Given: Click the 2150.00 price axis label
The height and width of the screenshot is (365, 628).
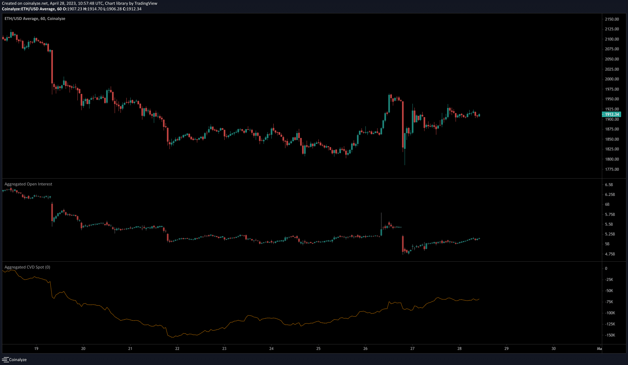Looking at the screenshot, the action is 612,19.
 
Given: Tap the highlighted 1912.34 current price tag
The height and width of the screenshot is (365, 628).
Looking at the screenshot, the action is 611,114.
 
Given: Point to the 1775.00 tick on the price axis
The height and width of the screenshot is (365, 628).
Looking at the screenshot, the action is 612,169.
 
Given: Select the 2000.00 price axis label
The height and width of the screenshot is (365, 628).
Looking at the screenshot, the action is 612,79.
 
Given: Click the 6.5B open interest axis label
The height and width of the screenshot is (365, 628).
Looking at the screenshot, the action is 609,185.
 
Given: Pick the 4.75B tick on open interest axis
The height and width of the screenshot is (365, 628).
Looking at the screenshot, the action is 610,254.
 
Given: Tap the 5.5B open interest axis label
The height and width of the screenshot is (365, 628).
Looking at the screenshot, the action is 609,224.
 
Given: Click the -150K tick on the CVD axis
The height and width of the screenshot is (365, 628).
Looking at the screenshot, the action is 610,335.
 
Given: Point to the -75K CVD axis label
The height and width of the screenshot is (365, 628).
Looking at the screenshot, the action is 609,302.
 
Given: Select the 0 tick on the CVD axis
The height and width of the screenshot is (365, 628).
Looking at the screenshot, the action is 606,269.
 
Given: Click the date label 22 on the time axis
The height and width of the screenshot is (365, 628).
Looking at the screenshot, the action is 177,349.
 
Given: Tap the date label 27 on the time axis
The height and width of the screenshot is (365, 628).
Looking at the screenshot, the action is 412,349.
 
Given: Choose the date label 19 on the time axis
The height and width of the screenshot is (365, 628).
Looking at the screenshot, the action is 36,349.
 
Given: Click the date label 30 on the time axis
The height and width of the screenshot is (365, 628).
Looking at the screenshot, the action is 554,349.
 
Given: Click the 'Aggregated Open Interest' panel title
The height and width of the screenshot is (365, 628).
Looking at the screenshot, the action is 28,184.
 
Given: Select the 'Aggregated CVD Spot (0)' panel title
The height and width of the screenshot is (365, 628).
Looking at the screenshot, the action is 27,267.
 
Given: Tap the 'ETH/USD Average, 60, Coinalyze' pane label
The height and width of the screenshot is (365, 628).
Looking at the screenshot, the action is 35,19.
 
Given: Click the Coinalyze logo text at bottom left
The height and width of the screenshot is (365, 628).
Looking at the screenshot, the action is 18,360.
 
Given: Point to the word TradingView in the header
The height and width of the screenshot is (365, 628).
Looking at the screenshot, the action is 146,3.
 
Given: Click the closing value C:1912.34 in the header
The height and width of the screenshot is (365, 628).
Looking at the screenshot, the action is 132,9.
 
